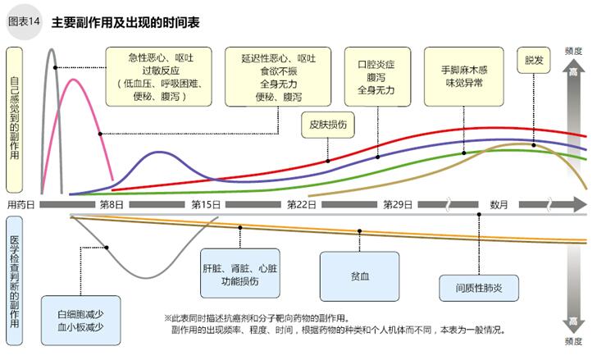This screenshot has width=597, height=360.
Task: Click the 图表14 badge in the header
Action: pos(25,21)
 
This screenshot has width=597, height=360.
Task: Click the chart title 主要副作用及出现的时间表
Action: pos(125,21)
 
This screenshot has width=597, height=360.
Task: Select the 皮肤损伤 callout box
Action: pos(329,125)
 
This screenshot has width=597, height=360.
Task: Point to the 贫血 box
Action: pos(359,276)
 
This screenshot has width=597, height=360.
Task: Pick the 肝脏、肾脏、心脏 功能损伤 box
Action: pos(240,274)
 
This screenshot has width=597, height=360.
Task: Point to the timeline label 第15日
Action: pos(206,204)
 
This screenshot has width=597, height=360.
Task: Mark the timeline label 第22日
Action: pos(302,204)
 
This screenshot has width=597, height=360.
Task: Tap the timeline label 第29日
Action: pos(398,204)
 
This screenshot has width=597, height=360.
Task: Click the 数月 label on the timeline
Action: pos(499,204)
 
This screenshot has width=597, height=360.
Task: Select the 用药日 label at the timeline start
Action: pos(21,204)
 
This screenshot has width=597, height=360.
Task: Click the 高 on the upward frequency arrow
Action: pos(573,73)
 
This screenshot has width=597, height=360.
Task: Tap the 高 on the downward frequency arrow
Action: pos(573,320)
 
